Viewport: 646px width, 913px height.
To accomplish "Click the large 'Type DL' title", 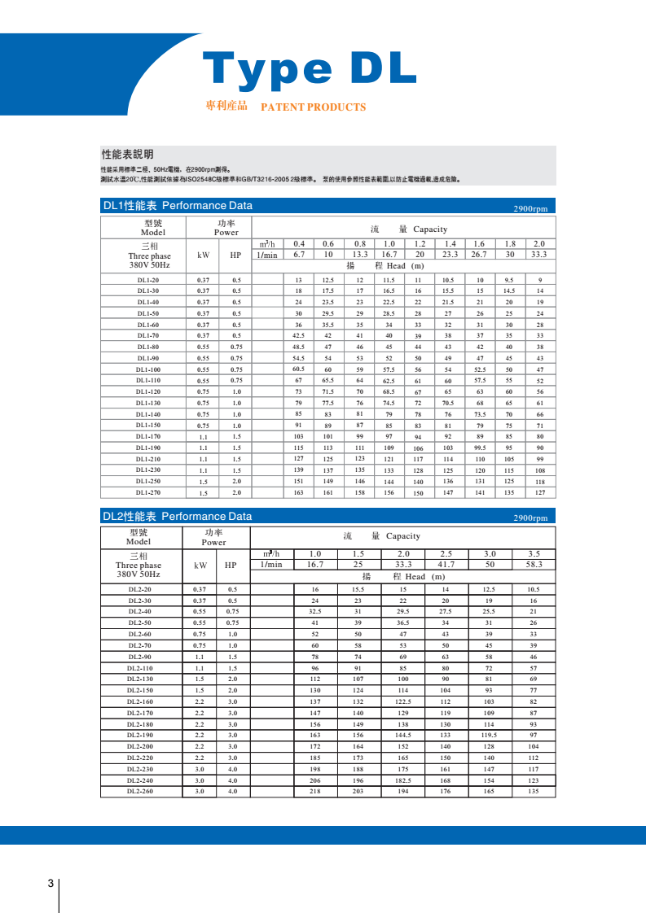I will coord(309,69).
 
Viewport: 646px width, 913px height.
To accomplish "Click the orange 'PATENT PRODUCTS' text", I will coord(313,107).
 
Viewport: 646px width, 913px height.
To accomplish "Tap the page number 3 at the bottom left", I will coord(51,884).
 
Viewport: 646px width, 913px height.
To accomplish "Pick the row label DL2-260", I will coord(140,791).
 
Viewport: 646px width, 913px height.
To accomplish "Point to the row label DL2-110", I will coord(140,667).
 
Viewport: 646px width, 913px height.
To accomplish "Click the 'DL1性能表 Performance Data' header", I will coord(178,206).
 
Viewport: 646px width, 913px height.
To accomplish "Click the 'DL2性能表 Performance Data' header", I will coord(178,517).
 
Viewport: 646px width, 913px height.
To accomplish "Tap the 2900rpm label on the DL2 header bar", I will coord(530,518).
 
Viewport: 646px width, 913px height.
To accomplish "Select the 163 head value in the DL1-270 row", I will coord(298,492).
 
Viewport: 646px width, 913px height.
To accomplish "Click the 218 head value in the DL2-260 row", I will coord(314,791).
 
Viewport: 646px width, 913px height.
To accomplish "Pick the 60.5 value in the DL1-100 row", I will coord(298,369).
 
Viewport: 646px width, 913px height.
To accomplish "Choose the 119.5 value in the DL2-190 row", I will coord(489,735).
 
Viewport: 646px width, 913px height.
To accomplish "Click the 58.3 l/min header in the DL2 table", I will coord(534,564).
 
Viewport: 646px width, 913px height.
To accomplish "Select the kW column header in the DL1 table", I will coord(204,255).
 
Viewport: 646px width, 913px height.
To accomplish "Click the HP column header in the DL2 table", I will coord(231,565).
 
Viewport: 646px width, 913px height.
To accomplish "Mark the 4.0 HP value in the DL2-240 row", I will coord(232,780).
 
